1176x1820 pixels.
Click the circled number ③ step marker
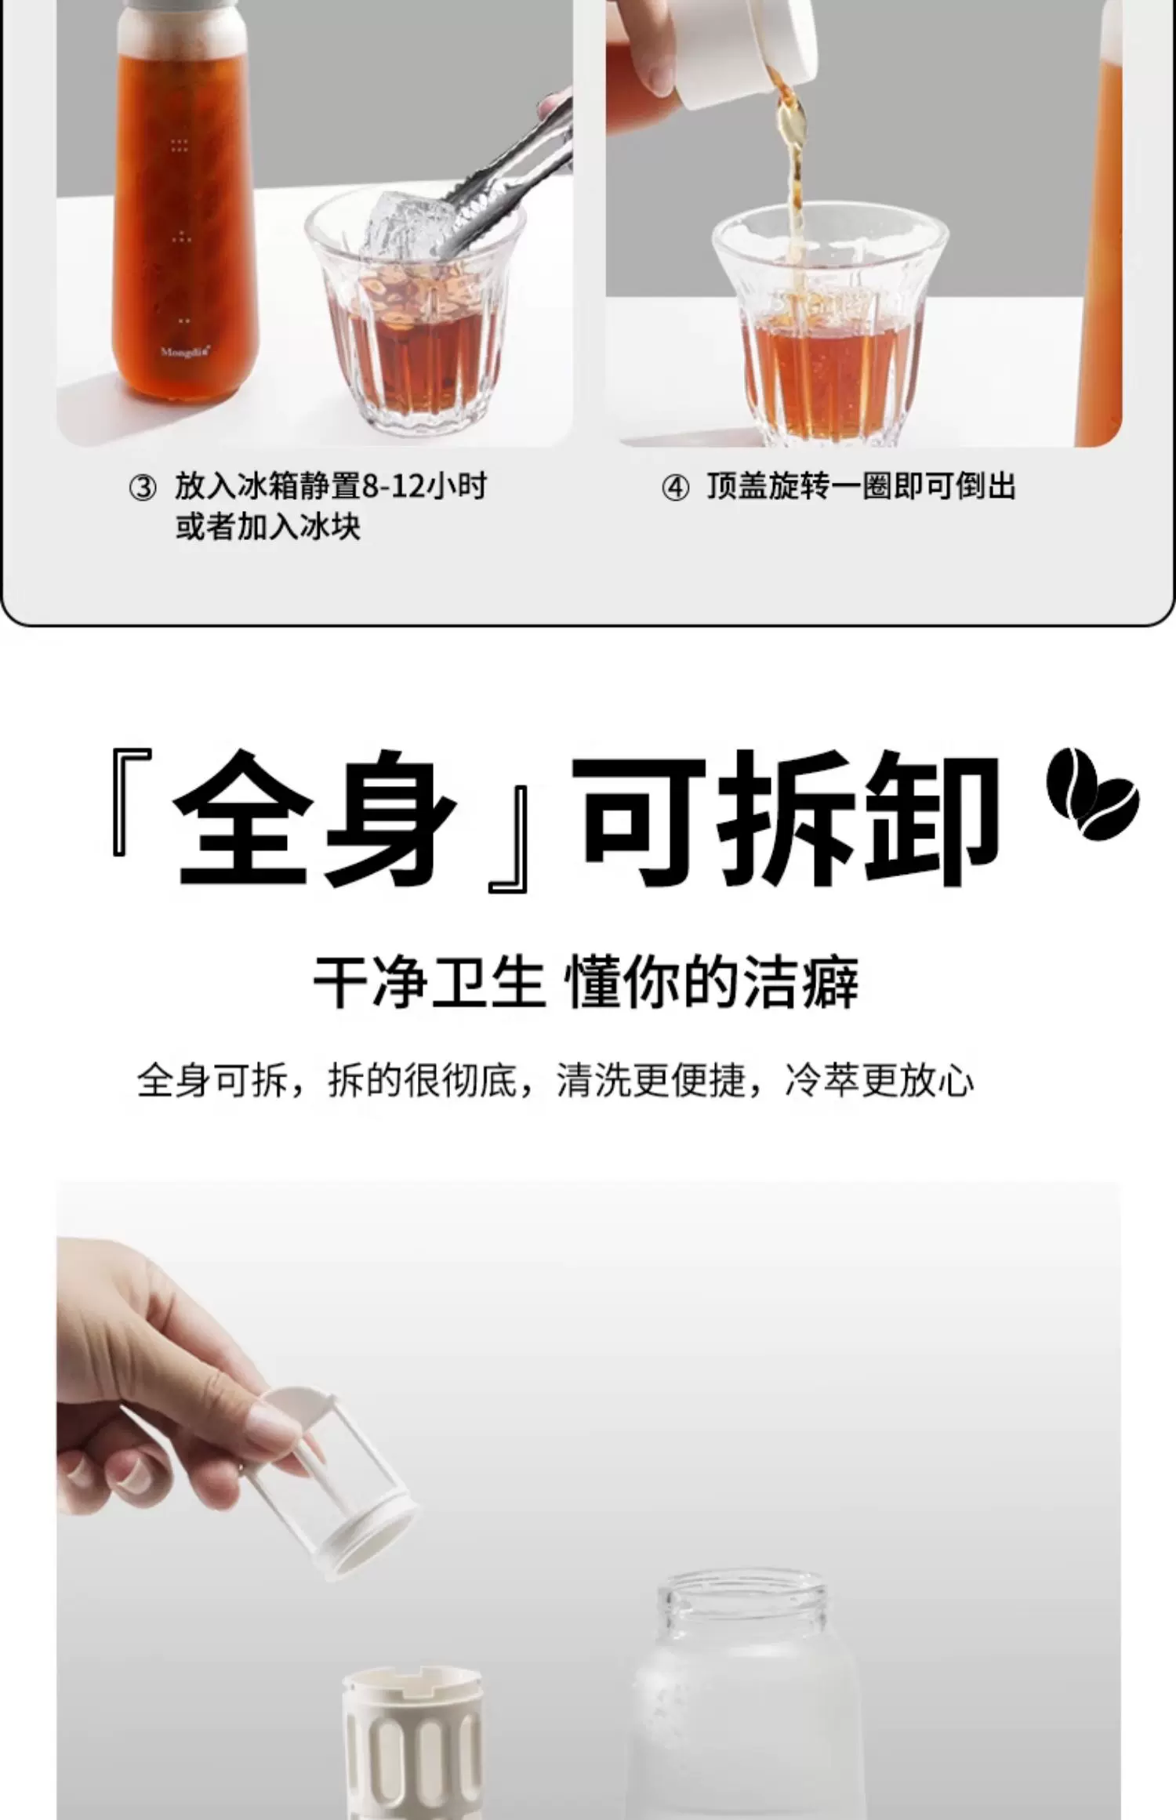[143, 488]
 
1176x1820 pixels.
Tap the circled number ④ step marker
[676, 488]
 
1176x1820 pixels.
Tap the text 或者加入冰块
[268, 526]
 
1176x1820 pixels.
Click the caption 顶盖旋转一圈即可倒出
[861, 487]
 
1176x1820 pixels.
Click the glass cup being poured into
[829, 321]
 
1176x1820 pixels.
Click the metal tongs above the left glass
[486, 169]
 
